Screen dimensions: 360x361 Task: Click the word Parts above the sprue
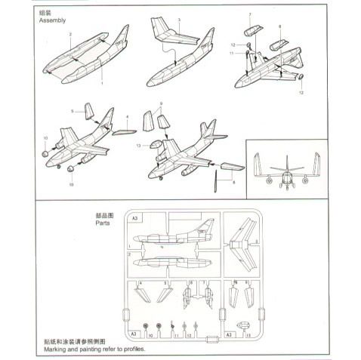coord(103,225)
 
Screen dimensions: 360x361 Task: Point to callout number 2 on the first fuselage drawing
coord(69,35)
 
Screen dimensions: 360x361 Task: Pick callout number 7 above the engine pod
coord(250,15)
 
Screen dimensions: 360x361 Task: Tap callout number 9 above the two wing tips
coord(160,103)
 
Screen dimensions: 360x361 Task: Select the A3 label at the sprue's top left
coord(134,218)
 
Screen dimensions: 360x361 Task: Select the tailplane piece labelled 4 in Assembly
coord(122,133)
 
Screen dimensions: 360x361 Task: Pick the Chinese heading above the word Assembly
coord(45,12)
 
